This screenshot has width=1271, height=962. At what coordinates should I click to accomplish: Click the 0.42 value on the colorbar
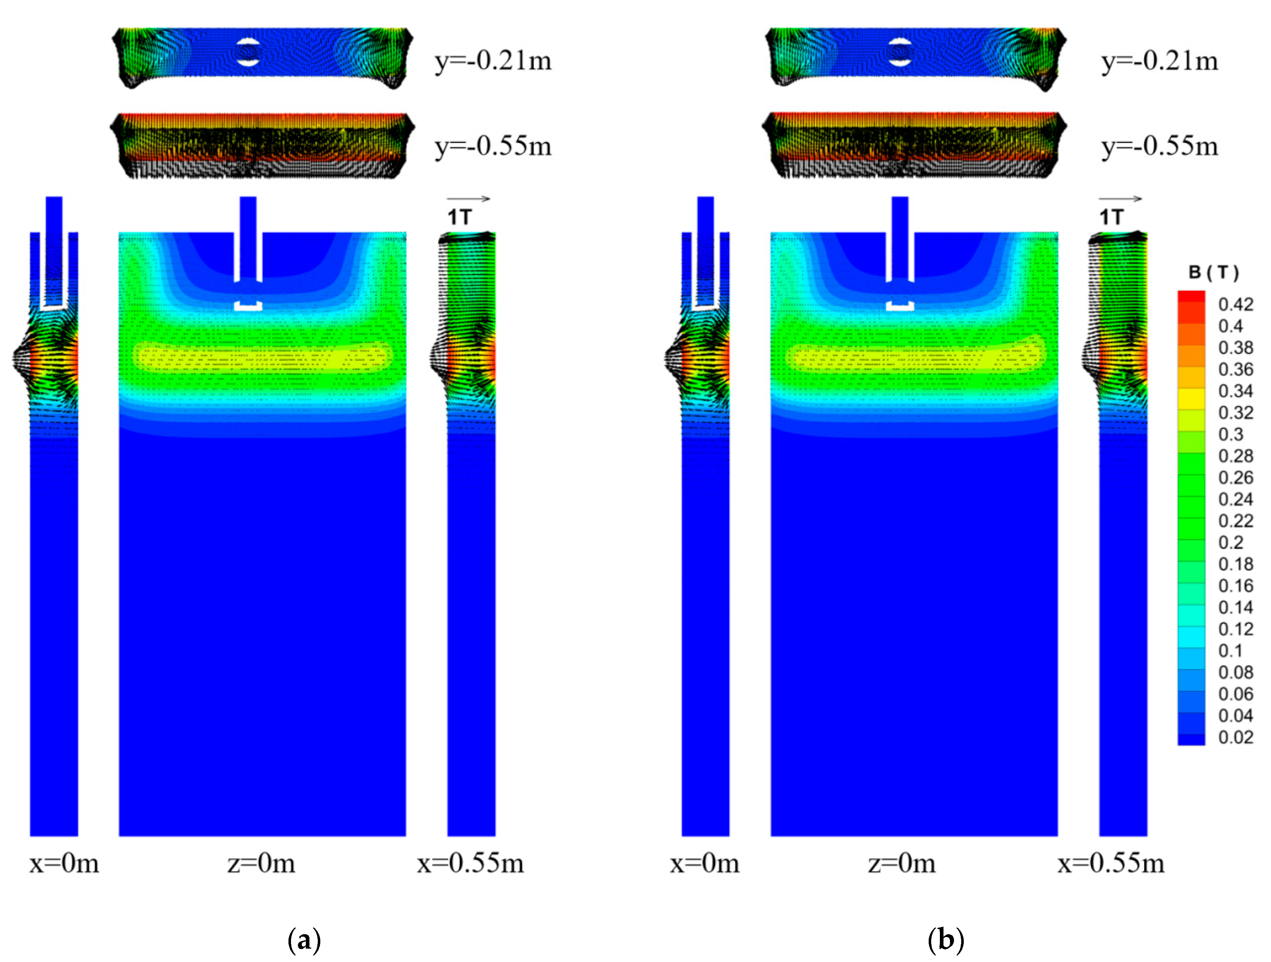pos(1235,305)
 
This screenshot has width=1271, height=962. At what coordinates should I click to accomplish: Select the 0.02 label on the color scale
pos(1235,737)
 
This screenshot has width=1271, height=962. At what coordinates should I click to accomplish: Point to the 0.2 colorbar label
pos(1231,543)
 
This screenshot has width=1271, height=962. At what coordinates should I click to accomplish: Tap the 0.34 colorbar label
pos(1235,391)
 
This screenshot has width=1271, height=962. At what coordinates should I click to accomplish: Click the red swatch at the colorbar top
pos(1191,296)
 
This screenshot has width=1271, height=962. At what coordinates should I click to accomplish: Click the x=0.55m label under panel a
pos(470,863)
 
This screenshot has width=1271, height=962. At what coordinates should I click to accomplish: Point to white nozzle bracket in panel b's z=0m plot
pos(900,306)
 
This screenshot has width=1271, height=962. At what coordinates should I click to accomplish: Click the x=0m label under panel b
pos(705,863)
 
